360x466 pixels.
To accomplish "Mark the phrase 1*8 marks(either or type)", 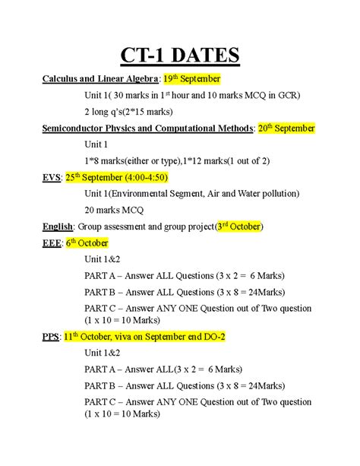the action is tap(135, 160).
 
